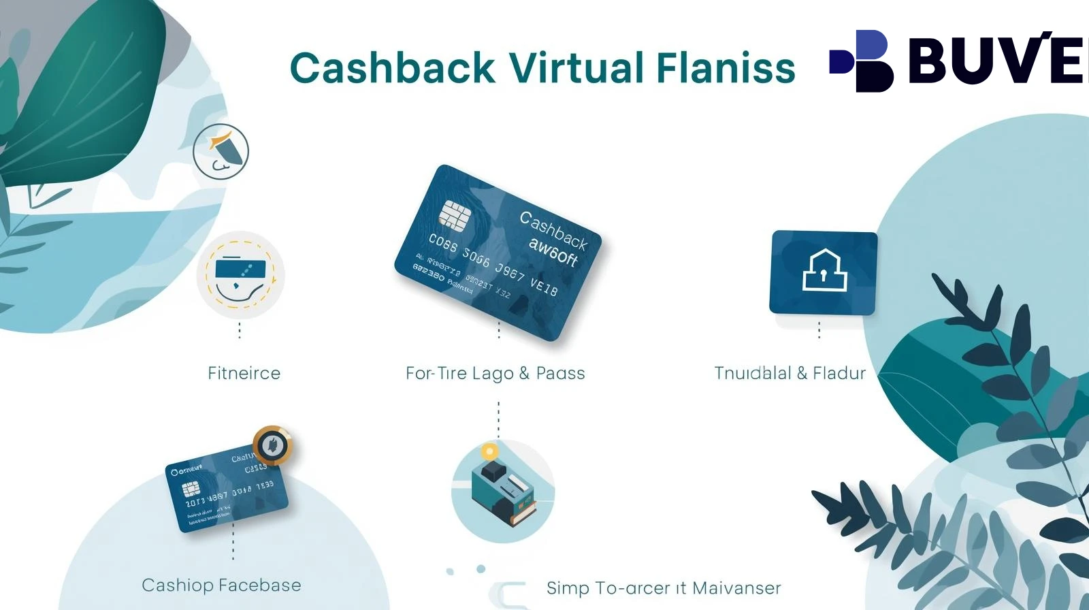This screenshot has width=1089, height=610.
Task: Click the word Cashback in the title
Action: tap(392, 68)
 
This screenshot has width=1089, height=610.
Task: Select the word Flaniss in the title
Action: tap(726, 68)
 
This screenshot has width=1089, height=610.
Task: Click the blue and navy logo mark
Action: tap(862, 61)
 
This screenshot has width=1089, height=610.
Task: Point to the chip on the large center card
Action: tap(455, 214)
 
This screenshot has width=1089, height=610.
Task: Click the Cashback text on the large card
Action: tap(553, 229)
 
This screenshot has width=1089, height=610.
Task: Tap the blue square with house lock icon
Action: tap(824, 272)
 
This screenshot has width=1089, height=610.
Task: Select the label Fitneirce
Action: tap(244, 373)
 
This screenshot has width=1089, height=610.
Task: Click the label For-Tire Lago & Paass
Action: tap(495, 373)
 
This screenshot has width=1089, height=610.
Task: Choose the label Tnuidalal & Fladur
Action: tap(790, 373)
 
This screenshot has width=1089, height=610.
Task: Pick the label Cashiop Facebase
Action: tap(221, 585)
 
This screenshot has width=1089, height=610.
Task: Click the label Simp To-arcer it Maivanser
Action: tap(664, 588)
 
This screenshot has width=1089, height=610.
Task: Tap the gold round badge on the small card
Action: tap(273, 445)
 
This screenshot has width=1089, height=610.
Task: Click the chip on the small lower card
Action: tap(191, 489)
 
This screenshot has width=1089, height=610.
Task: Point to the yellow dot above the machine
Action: tap(489, 451)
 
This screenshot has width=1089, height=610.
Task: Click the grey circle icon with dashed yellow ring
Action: tap(240, 274)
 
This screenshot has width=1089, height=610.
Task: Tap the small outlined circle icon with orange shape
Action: tap(221, 151)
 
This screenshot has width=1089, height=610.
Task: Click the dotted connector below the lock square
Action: tap(819, 330)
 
